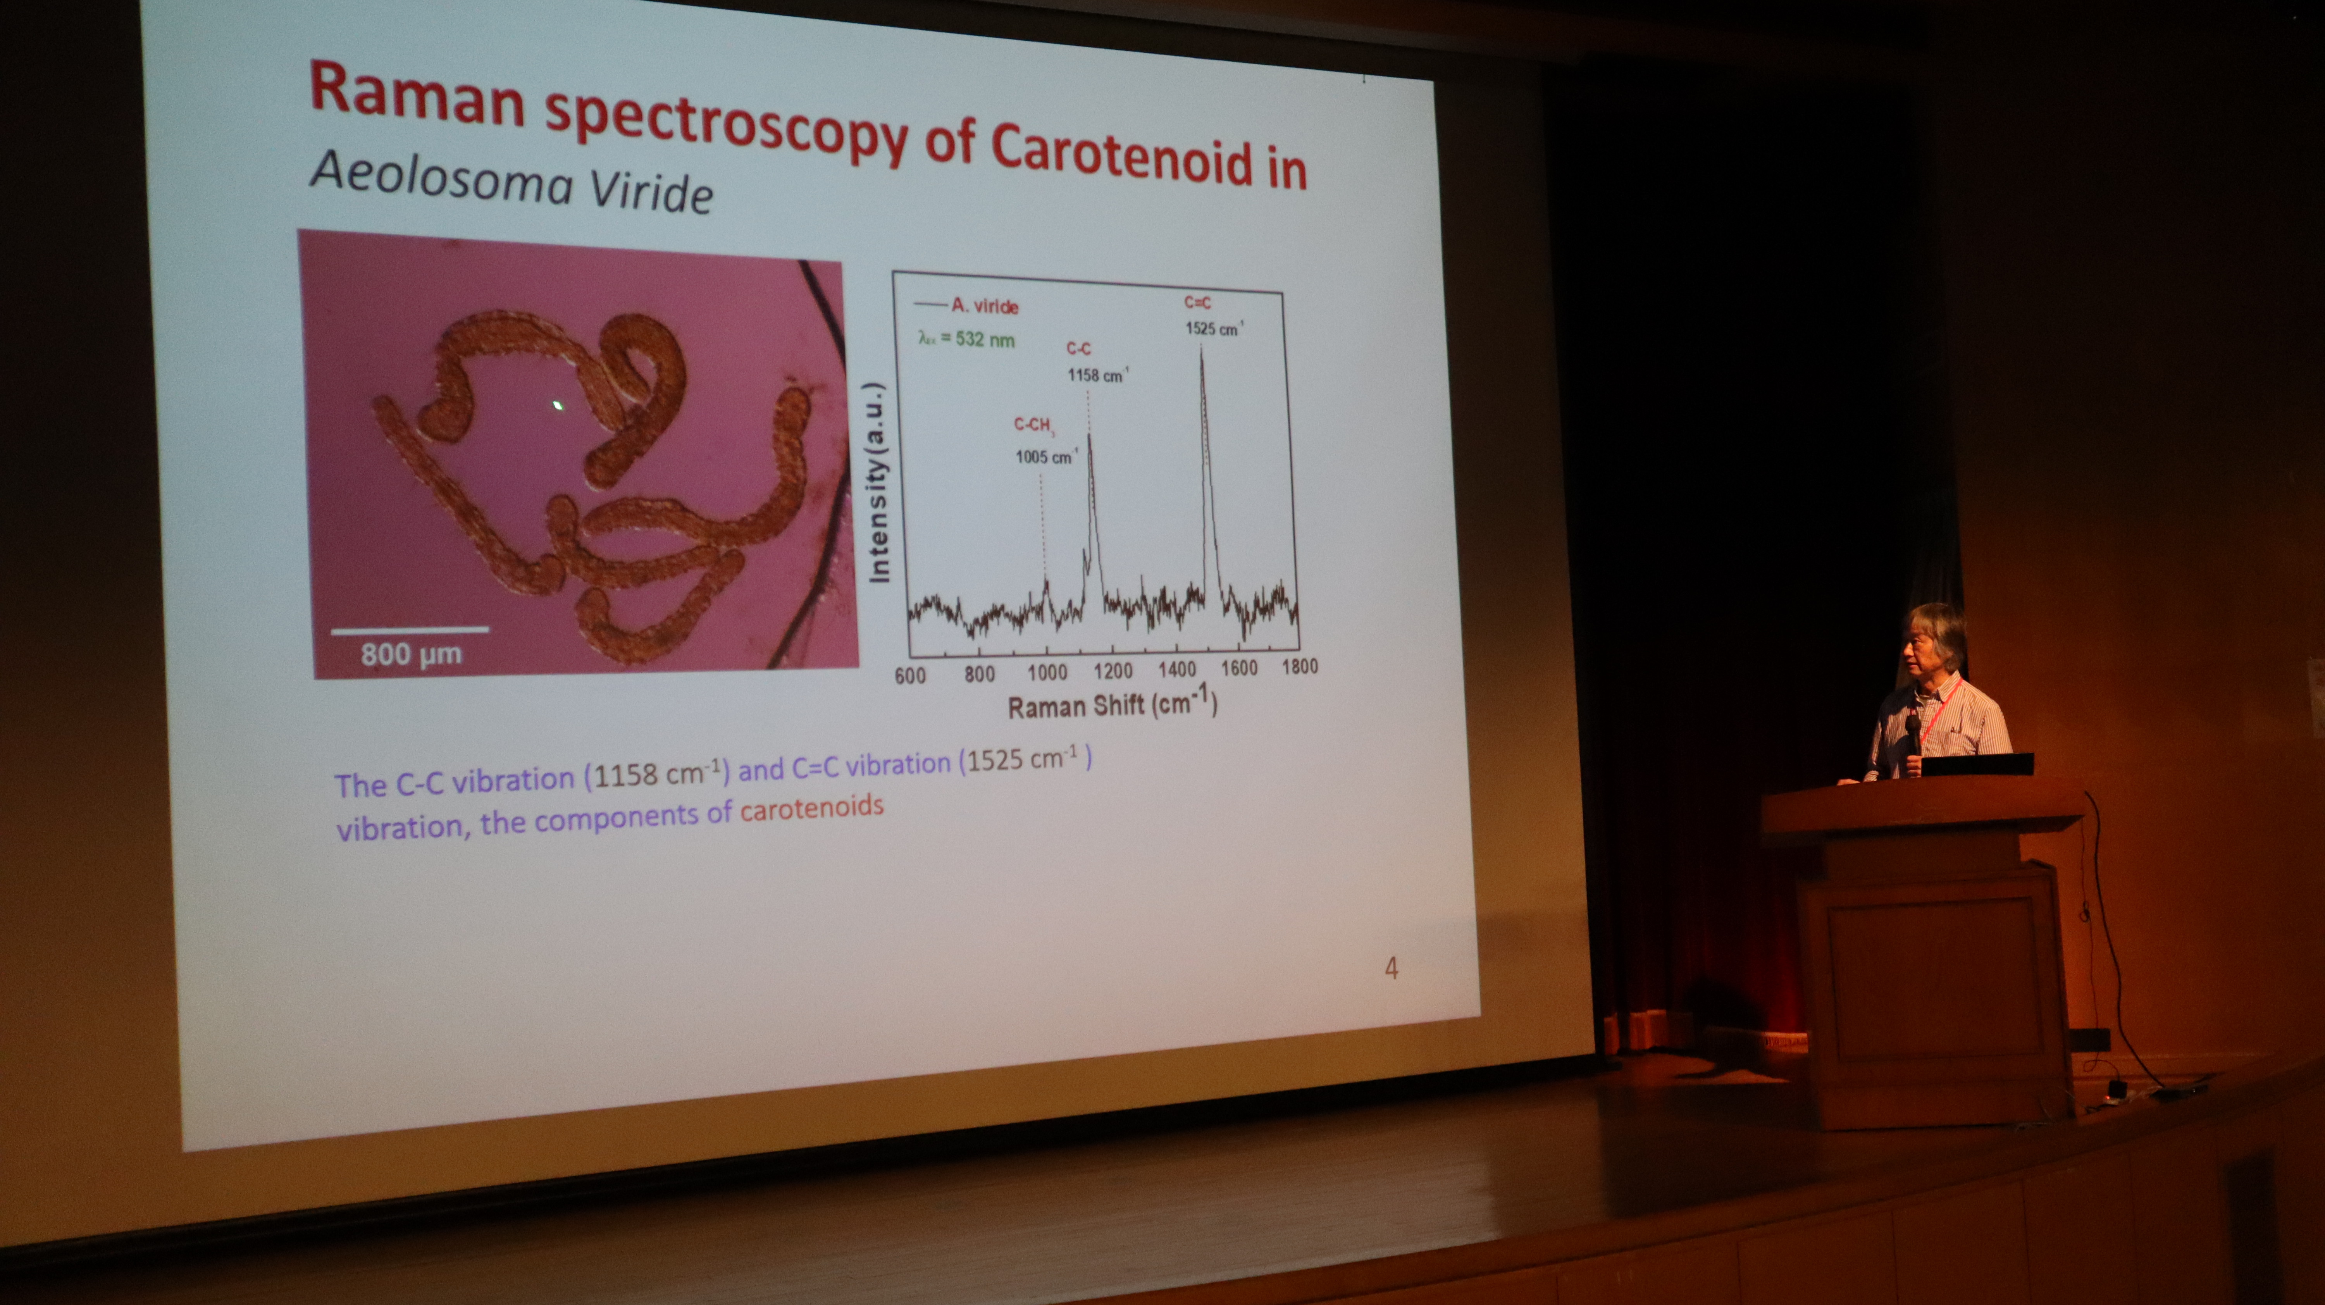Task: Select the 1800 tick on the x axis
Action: (1300, 666)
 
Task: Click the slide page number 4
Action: (1391, 969)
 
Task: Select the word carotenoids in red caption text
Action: (811, 807)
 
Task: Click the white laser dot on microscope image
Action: (560, 405)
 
